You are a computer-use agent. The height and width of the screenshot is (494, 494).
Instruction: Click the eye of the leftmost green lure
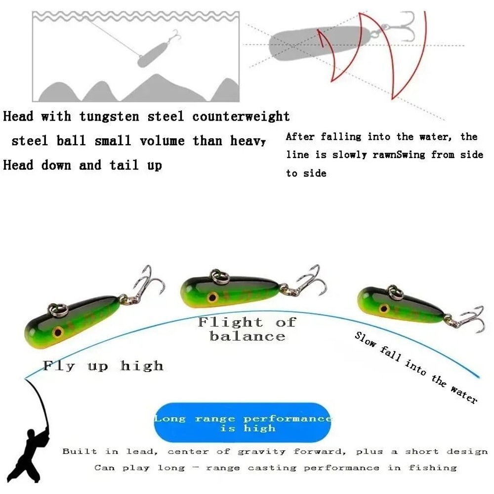tap(58, 332)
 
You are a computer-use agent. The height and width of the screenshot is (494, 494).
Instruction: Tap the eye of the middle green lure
tap(213, 297)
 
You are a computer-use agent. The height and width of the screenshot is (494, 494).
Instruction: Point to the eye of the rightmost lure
tap(383, 309)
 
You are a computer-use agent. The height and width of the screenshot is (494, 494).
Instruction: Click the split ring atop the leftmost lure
tap(58, 310)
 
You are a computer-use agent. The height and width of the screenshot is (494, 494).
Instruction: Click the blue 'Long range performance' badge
tap(243, 423)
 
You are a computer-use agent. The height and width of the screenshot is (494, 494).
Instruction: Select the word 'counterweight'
tap(241, 117)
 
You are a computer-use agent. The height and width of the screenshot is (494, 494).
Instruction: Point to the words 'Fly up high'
tap(103, 366)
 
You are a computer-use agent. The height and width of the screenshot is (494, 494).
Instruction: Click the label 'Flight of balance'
tap(247, 329)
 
